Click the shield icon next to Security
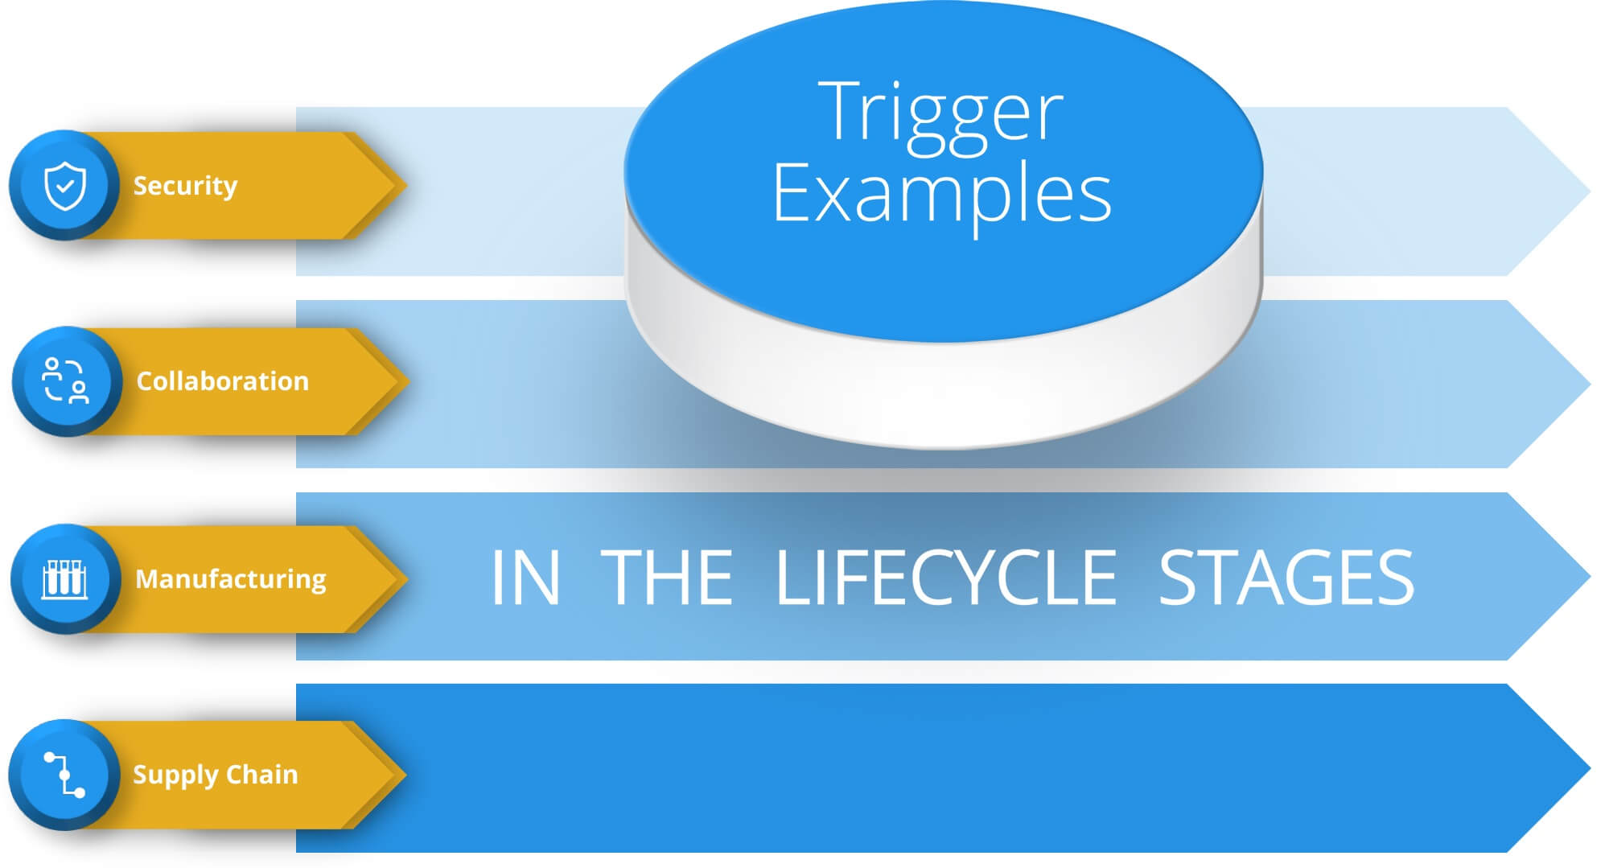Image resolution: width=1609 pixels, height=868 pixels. [x=65, y=186]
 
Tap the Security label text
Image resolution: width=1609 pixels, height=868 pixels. [x=185, y=186]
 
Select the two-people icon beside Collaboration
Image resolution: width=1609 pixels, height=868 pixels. [x=66, y=381]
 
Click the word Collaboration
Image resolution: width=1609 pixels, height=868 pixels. [x=222, y=381]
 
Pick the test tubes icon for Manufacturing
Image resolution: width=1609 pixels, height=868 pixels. [x=65, y=578]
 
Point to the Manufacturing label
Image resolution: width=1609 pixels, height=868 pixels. [x=231, y=578]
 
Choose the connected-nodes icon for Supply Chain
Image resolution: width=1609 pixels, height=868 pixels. [x=64, y=775]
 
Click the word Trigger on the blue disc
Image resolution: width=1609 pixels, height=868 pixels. [x=940, y=113]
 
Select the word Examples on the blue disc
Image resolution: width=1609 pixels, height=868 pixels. [x=941, y=193]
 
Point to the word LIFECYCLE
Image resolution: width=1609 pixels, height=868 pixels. [x=945, y=577]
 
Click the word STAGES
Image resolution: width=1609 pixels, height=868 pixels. [x=1286, y=577]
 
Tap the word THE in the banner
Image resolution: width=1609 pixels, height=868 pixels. [x=667, y=577]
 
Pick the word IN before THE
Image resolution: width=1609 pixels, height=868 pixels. [x=525, y=577]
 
